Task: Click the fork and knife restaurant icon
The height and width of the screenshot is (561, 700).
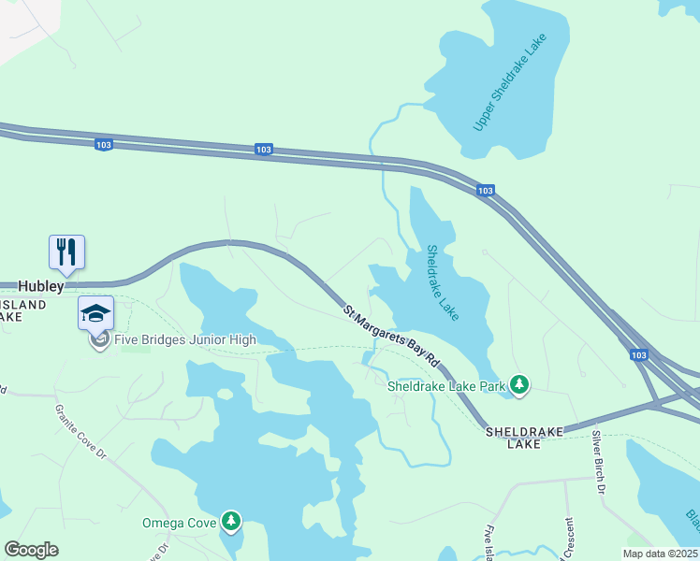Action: click(66, 252)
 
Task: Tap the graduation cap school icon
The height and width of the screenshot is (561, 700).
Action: click(95, 312)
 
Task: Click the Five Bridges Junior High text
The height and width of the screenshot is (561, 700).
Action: click(184, 339)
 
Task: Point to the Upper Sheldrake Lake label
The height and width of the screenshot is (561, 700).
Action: click(508, 82)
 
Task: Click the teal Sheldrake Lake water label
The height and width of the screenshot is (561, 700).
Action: click(442, 282)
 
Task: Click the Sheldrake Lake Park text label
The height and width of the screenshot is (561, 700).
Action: click(446, 384)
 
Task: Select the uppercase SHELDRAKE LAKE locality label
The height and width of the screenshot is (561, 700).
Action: click(524, 438)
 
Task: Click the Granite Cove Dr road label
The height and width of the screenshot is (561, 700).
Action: click(81, 431)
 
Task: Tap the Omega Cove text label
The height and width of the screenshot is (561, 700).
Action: click(179, 522)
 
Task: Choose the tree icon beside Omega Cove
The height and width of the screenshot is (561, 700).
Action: click(230, 521)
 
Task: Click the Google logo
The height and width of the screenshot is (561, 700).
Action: click(31, 550)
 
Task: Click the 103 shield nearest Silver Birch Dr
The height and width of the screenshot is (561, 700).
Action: click(638, 355)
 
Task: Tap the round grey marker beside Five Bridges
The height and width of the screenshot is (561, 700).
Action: click(99, 339)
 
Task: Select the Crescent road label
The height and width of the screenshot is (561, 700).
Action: click(567, 539)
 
